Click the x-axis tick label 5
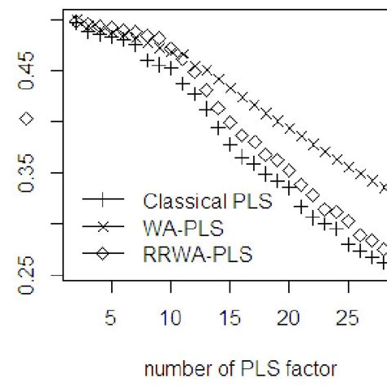click(111, 316)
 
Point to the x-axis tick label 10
click(171, 316)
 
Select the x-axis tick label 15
click(229, 316)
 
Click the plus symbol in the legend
click(107, 201)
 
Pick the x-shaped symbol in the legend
click(107, 228)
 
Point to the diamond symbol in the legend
click(107, 255)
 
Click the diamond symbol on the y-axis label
click(27, 119)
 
